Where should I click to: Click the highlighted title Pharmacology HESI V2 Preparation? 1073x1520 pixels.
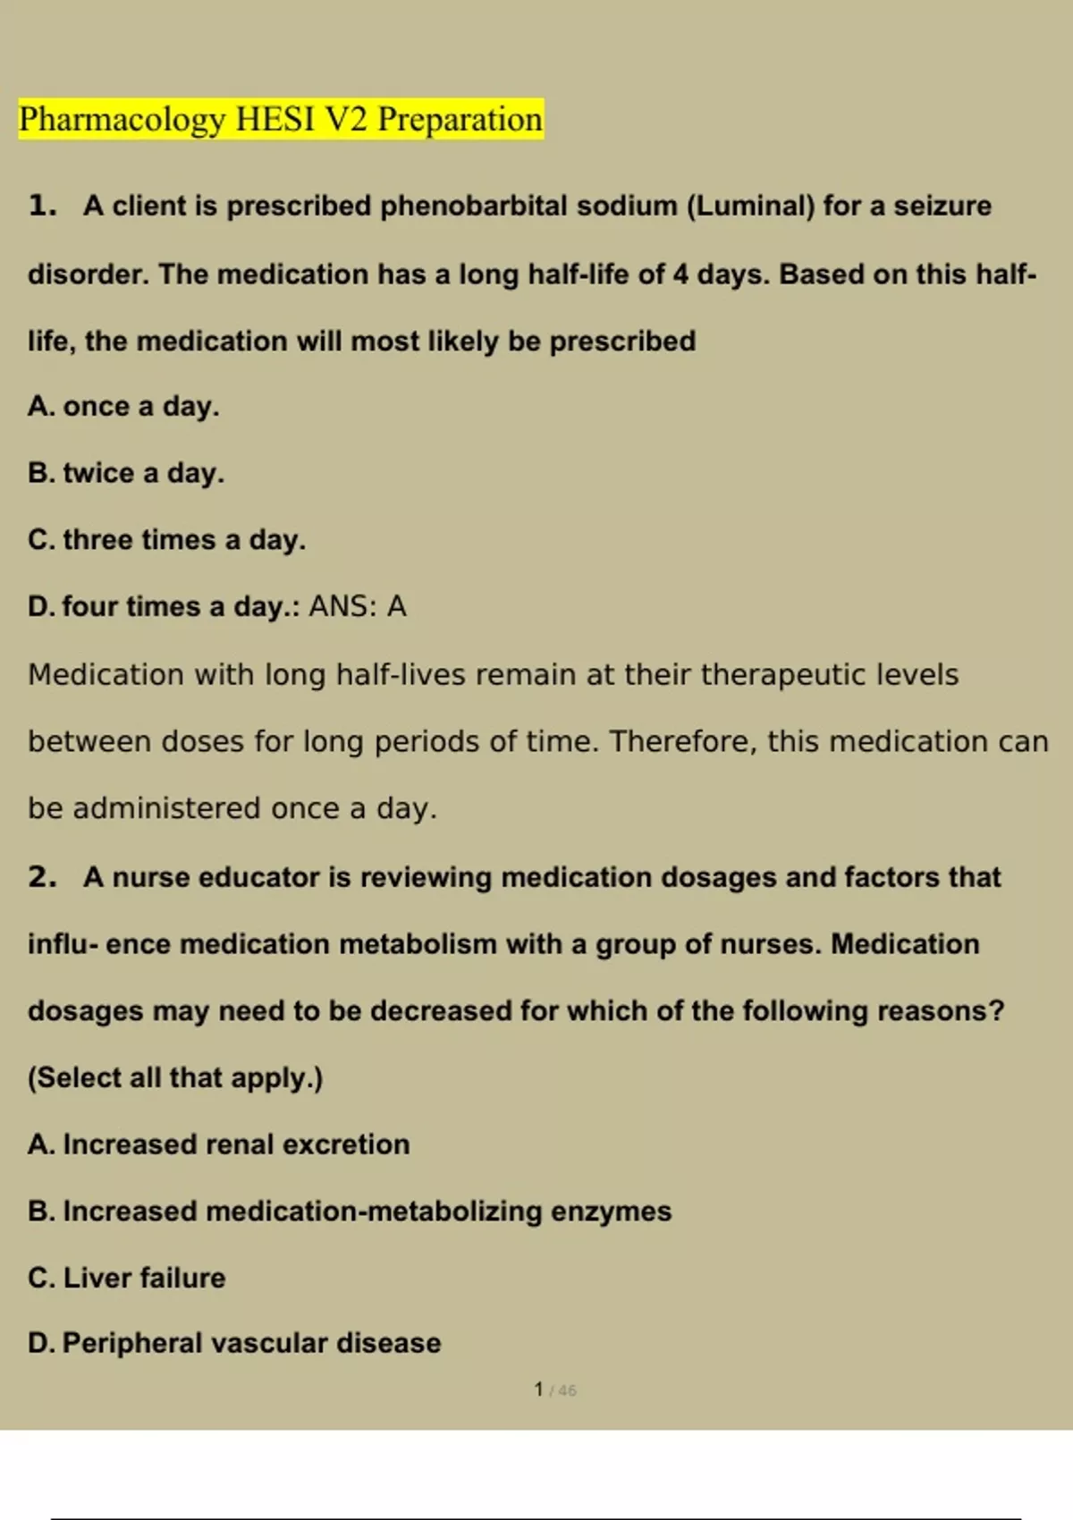(281, 119)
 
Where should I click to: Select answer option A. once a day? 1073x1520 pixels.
(123, 406)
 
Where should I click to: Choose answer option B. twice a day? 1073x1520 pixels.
(126, 472)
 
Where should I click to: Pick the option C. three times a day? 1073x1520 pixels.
(166, 539)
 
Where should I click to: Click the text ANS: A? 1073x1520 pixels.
(357, 606)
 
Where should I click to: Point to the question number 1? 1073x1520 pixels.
(42, 206)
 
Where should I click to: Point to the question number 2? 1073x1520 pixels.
(42, 876)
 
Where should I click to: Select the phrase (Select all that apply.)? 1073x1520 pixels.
(175, 1077)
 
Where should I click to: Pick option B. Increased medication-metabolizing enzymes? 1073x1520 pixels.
(350, 1211)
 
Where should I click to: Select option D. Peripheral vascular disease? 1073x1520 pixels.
(234, 1343)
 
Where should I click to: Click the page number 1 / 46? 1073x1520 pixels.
(554, 1389)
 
